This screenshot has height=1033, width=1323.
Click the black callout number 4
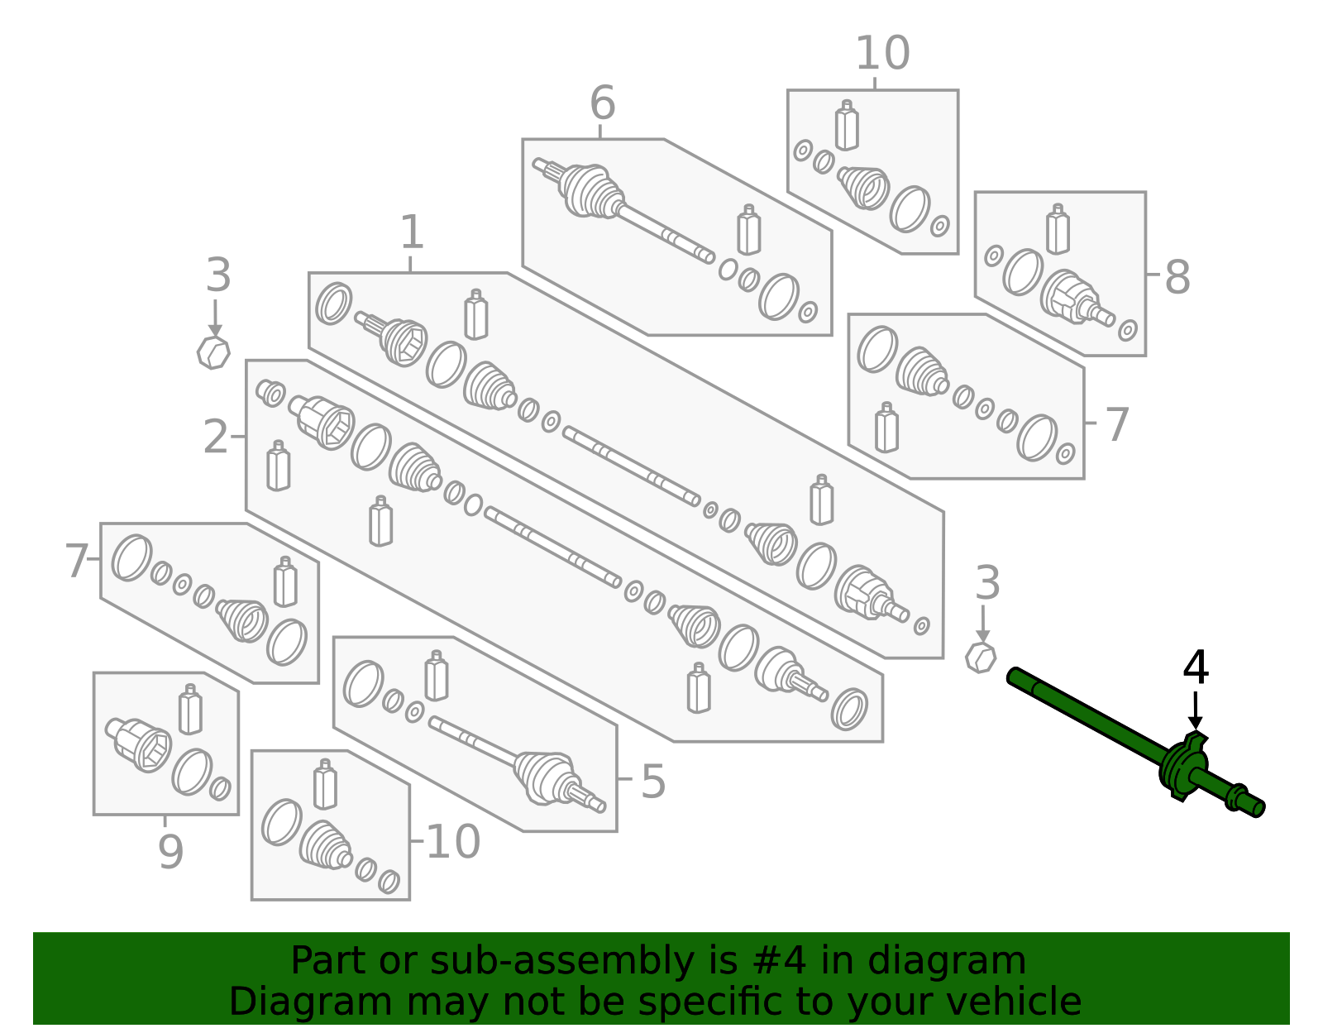(1196, 668)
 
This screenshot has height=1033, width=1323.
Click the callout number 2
(215, 437)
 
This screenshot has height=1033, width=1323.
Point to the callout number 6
(602, 104)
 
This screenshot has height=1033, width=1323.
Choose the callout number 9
(170, 852)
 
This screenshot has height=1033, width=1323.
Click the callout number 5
(652, 781)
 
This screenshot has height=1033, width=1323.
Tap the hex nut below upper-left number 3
(213, 353)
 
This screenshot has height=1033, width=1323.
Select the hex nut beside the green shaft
(981, 658)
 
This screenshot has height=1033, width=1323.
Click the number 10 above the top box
(881, 54)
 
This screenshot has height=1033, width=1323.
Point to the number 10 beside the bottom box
(452, 842)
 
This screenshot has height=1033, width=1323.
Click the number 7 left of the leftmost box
(76, 562)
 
